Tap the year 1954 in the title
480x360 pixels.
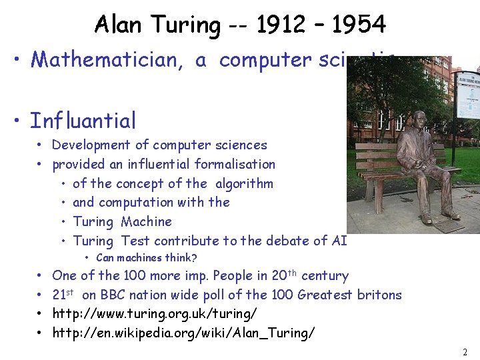tap(359, 25)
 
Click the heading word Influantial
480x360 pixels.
tap(83, 121)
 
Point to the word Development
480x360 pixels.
tap(91, 145)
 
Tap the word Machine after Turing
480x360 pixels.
tap(147, 221)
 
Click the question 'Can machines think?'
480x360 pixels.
tap(146, 258)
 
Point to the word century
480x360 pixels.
tap(325, 275)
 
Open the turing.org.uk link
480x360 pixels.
tap(155, 313)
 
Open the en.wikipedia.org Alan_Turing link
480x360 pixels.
tap(183, 332)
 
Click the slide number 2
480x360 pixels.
tap(464, 351)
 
